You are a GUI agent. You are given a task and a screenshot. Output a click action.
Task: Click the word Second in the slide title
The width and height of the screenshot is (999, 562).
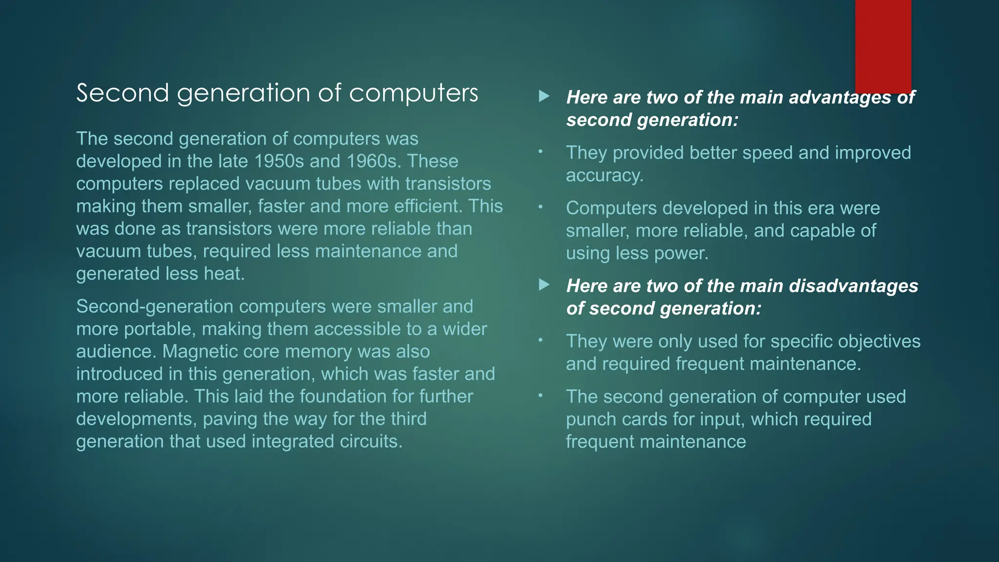122,93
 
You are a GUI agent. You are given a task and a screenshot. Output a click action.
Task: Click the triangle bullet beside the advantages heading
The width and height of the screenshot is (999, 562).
544,97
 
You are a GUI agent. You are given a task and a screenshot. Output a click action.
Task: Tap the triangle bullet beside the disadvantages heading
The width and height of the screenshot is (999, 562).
544,285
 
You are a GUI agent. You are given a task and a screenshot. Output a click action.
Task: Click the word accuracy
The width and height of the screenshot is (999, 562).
604,175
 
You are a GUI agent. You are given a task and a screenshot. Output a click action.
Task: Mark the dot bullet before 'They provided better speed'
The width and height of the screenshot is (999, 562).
540,152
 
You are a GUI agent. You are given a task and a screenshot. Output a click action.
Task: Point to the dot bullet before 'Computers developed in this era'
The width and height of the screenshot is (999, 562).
540,207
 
